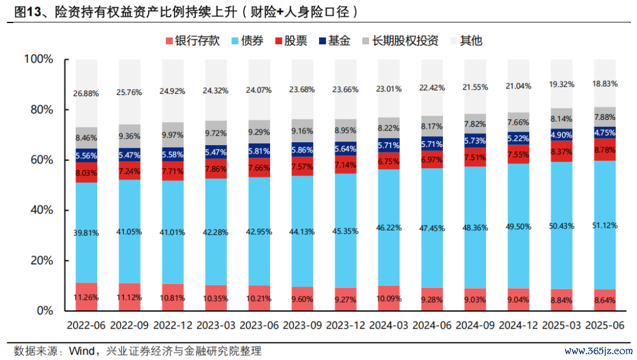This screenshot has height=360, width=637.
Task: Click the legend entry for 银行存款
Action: [196, 41]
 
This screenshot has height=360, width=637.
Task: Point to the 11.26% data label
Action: [86, 297]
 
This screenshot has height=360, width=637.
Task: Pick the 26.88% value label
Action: [86, 93]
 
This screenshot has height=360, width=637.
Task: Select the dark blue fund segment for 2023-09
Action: [303, 150]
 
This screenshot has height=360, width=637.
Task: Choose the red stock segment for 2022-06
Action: [86, 172]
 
